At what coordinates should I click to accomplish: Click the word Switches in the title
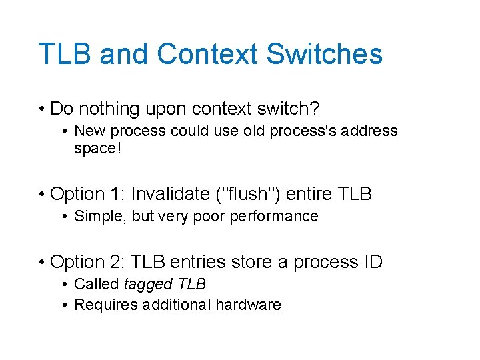pyautogui.click(x=325, y=54)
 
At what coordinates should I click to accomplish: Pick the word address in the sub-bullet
pyautogui.click(x=370, y=131)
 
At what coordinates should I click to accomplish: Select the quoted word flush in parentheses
pyautogui.click(x=251, y=194)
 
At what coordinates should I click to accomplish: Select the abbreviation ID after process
pyautogui.click(x=370, y=262)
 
